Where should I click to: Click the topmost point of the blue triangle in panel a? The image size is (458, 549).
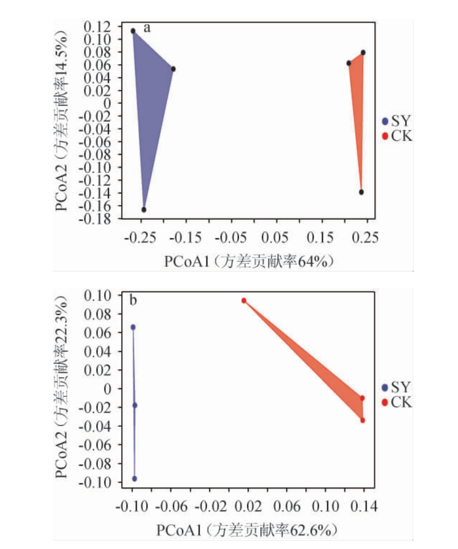(133, 31)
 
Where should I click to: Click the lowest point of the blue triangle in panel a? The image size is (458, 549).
(144, 210)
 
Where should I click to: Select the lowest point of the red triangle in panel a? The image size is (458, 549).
(361, 192)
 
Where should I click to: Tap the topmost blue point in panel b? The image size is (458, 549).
(133, 327)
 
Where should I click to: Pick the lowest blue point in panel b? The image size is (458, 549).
(135, 479)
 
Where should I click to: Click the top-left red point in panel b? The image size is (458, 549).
(244, 301)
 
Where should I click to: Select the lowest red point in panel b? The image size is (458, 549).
(363, 421)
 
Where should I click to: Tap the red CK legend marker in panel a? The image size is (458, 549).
(385, 137)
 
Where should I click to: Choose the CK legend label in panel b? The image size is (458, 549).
(401, 403)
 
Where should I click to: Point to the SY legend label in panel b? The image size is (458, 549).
(401, 388)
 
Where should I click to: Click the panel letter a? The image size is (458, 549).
(147, 28)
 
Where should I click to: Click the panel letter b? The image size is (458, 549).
(134, 300)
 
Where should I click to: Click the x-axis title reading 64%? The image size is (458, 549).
(247, 261)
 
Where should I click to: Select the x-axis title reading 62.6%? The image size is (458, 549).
(248, 530)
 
